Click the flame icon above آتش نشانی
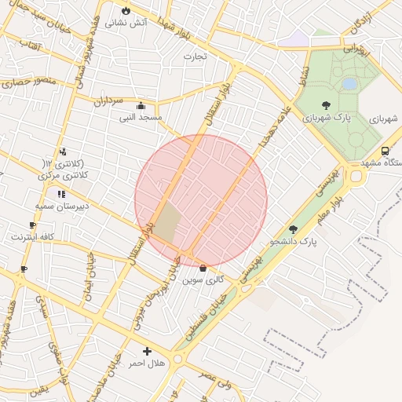point(126,10)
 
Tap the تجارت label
point(195,56)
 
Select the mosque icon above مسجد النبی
point(141,106)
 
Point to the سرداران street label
point(109,101)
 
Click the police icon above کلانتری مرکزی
point(63,152)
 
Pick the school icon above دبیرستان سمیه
point(61,193)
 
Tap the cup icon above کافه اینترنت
point(32,225)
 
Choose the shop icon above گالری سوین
point(203,268)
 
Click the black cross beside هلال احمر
point(146,351)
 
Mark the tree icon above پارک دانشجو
point(293,229)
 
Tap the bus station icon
point(385,151)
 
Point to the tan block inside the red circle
point(166,223)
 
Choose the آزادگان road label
point(362,23)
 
